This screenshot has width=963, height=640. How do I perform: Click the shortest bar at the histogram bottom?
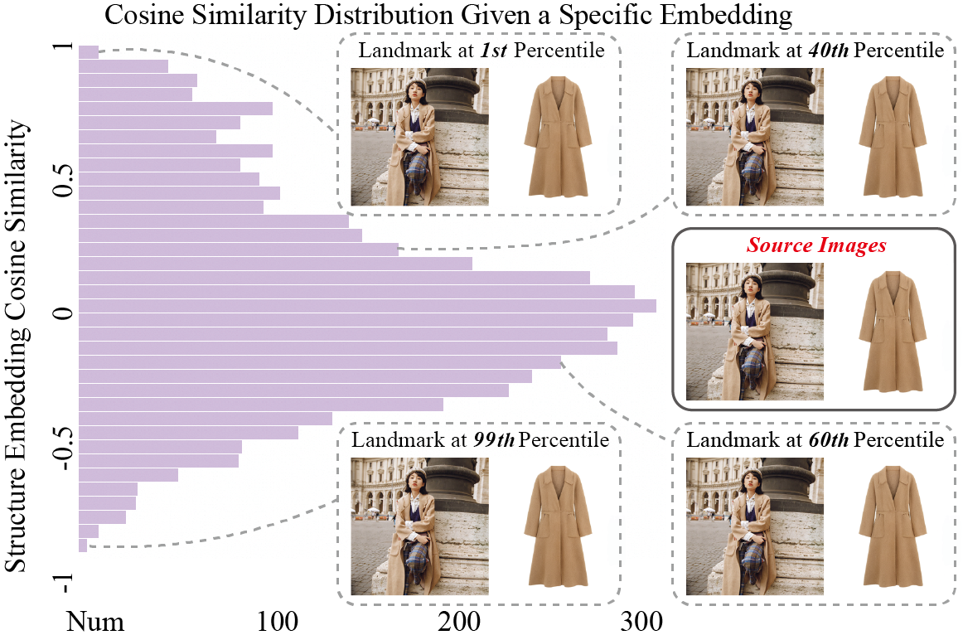click(x=83, y=545)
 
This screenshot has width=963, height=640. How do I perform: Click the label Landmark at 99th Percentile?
click(x=480, y=439)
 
